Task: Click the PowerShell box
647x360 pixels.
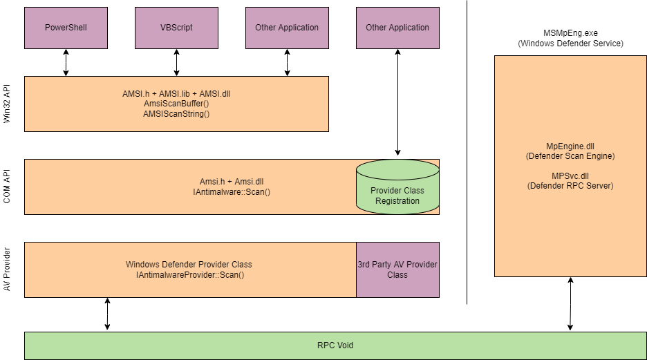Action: click(x=66, y=28)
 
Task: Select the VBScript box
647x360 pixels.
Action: click(x=176, y=28)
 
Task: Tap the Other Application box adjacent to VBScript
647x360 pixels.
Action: click(x=287, y=28)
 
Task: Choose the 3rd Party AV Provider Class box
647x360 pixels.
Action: click(x=397, y=269)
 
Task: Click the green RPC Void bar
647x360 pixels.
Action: click(x=335, y=345)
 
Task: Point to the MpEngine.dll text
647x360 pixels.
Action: click(x=570, y=146)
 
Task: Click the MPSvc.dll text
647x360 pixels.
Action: click(x=570, y=176)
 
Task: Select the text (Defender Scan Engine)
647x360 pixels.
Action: click(x=570, y=156)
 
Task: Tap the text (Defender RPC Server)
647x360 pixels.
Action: click(x=570, y=186)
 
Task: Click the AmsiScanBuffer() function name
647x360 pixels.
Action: click(x=176, y=103)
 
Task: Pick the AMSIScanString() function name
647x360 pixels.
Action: click(x=176, y=113)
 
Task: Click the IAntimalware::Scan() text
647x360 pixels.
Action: click(x=232, y=191)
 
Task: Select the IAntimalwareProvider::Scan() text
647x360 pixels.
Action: click(x=190, y=274)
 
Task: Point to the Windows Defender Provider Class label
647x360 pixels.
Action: click(x=189, y=265)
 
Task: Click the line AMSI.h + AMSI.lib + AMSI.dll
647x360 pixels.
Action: click(x=176, y=93)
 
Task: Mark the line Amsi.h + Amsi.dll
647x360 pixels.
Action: click(x=232, y=181)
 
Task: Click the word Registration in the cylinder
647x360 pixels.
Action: click(x=397, y=201)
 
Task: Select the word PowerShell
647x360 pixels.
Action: click(x=66, y=28)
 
